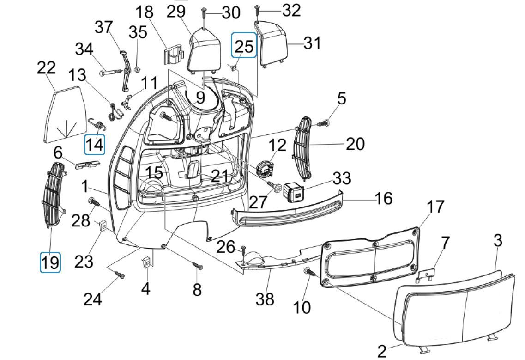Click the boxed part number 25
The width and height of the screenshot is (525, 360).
[244, 45]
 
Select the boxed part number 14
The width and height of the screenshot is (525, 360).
[94, 145]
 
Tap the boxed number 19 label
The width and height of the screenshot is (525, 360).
[50, 262]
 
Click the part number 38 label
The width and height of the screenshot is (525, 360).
[265, 299]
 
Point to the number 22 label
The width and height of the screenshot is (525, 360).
[46, 68]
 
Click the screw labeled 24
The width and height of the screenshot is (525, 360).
[120, 275]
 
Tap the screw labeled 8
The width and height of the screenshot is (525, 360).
[198, 266]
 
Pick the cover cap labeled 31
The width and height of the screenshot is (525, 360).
[274, 44]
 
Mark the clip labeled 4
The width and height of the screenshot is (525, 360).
[146, 264]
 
